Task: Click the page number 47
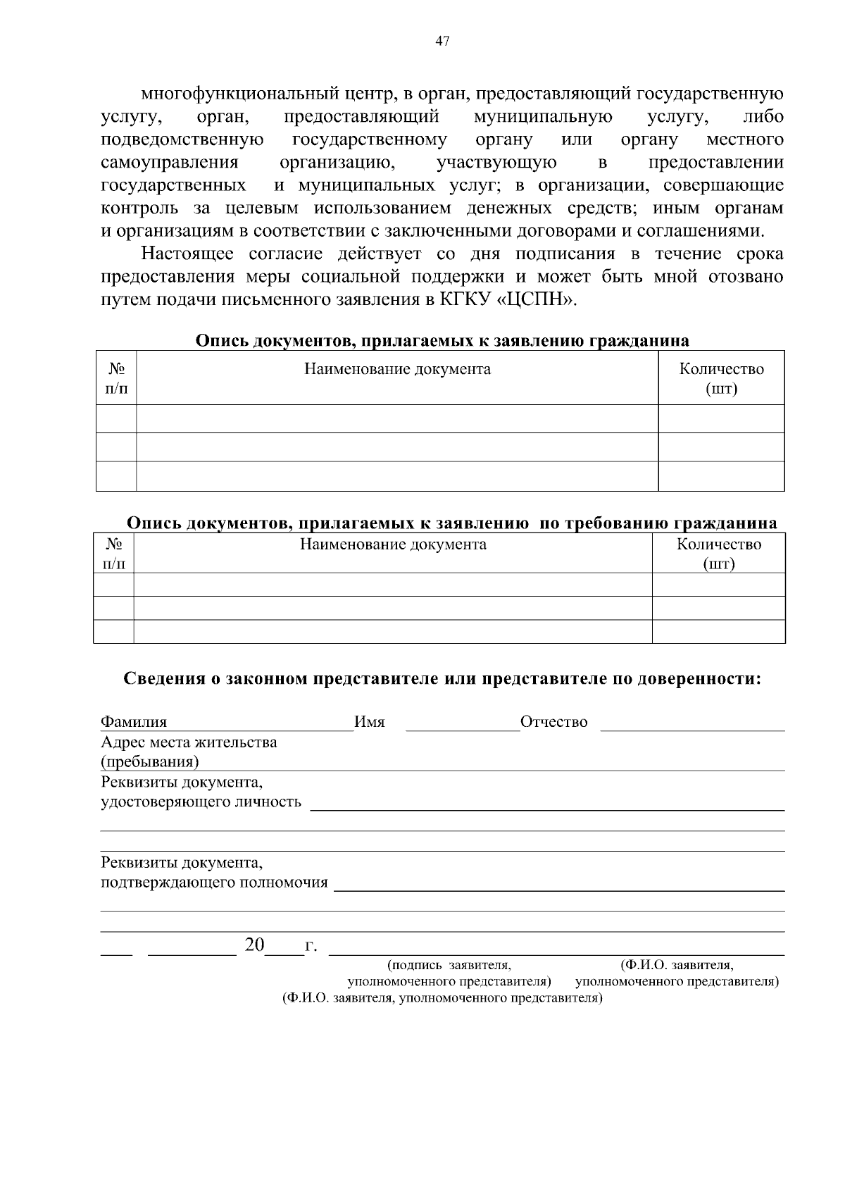coord(442,41)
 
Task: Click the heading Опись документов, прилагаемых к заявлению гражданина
coord(442,341)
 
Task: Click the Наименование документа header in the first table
coord(397,369)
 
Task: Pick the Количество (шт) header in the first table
coord(721,378)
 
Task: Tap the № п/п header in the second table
coord(113,554)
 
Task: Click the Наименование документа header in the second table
coord(393,544)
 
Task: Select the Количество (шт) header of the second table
coord(719,554)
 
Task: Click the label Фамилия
coord(134,722)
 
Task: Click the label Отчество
coord(553,722)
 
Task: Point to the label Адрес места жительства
coord(189,742)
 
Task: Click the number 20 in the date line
coord(254,945)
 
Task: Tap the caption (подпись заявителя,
coord(449,964)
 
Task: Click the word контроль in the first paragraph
coord(137,208)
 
